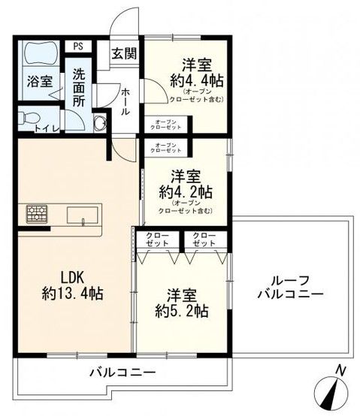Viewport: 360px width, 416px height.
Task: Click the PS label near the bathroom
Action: point(77,45)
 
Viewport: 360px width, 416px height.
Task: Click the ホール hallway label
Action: point(126,100)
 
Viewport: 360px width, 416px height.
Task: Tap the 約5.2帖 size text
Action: point(178,309)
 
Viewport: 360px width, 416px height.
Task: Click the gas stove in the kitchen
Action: point(37,214)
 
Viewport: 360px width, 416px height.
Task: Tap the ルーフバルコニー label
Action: point(289,287)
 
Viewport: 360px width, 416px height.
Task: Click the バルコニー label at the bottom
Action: point(122,372)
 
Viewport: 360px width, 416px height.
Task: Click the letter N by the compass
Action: point(340,369)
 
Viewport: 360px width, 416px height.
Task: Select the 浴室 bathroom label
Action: point(41,81)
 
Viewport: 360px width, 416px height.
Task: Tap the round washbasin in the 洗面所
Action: point(99,122)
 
